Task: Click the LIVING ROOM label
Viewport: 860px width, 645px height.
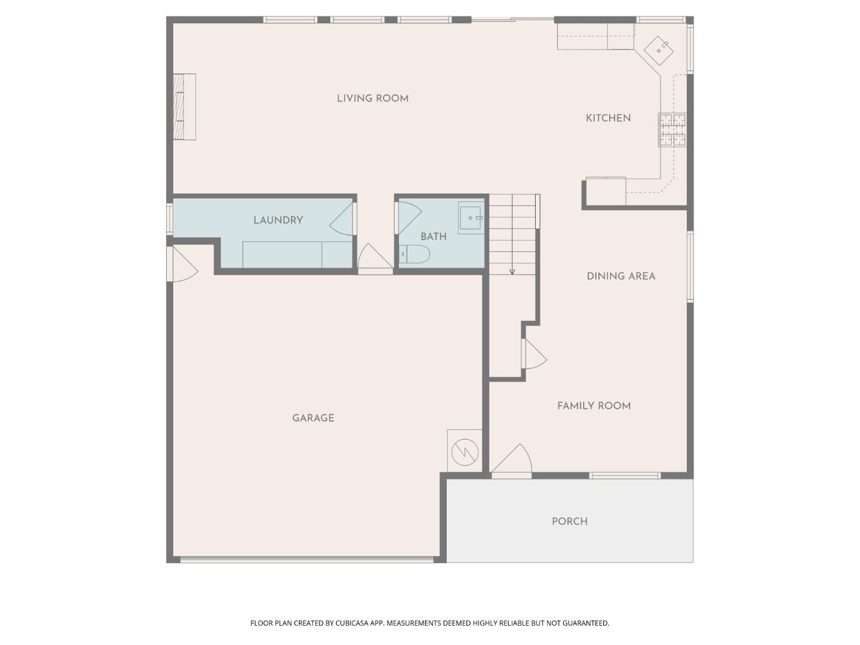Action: [x=373, y=99]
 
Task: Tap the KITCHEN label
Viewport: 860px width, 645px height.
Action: [x=608, y=118]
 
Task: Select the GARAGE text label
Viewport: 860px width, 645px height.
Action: [x=313, y=418]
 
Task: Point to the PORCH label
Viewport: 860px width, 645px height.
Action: [x=569, y=521]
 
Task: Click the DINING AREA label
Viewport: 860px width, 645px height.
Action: [x=621, y=276]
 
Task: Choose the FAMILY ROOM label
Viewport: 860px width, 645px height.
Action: [x=594, y=406]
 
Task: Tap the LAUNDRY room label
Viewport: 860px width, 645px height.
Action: [x=278, y=220]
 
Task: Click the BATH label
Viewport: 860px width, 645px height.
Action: [x=433, y=236]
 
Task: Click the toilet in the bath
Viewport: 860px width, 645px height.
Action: [x=415, y=254]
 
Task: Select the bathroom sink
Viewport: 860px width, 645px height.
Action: [x=471, y=218]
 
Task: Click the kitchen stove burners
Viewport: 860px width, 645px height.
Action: [x=673, y=130]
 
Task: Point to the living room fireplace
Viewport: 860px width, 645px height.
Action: [x=185, y=107]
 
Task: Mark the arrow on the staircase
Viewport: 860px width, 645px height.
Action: [x=512, y=271]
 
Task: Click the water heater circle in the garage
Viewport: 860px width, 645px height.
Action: [x=465, y=452]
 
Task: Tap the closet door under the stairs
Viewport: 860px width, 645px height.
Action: [x=533, y=354]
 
